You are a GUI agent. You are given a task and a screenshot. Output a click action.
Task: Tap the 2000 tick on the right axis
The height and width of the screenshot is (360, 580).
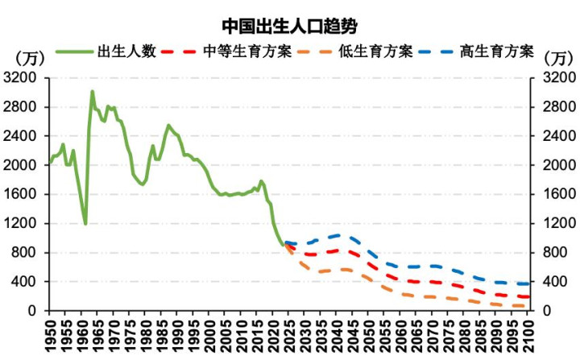(555, 165)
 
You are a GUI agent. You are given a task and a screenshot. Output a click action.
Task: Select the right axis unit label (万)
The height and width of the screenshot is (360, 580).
(557, 58)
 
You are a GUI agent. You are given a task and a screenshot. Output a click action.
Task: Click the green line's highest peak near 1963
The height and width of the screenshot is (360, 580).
(92, 91)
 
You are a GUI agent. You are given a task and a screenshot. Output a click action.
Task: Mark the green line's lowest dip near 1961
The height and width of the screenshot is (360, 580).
(85, 223)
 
